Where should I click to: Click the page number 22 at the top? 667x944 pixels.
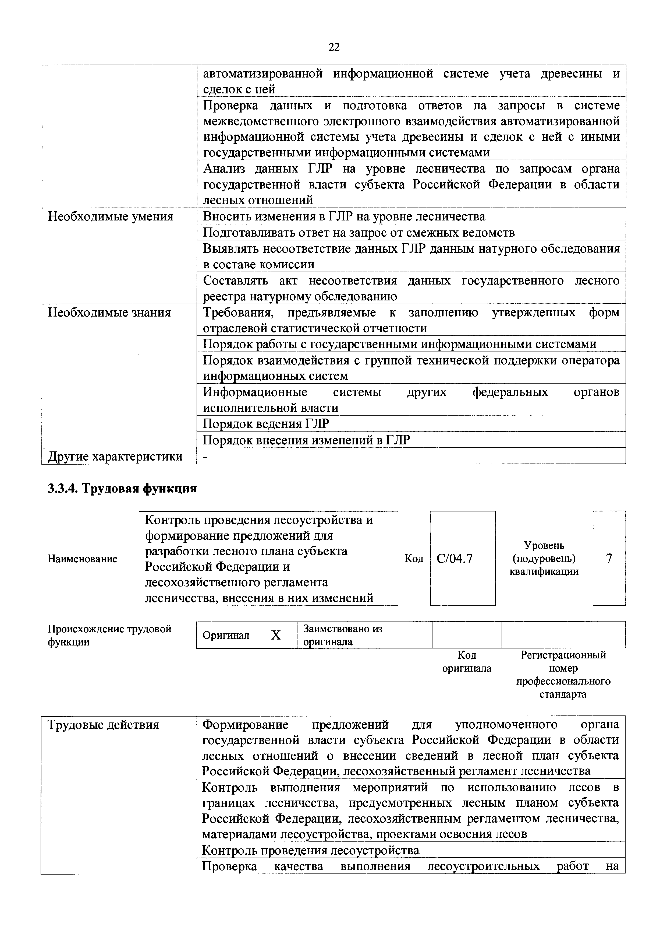coord(334,47)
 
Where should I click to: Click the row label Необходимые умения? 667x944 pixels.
coord(111,217)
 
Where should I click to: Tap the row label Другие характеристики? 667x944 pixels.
coord(115,456)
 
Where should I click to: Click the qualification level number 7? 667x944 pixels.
coord(609,558)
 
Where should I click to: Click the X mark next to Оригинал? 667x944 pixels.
coord(276,636)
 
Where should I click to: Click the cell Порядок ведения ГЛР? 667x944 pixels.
coord(266,423)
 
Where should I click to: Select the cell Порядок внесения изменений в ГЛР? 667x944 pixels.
coord(306,440)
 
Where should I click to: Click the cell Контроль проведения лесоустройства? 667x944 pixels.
coord(311,850)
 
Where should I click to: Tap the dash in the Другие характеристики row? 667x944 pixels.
coord(205,456)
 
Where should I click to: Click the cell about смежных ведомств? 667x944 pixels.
coord(359,233)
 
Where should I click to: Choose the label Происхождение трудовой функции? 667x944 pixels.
coord(109,635)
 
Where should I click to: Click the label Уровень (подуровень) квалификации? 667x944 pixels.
coord(544,558)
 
